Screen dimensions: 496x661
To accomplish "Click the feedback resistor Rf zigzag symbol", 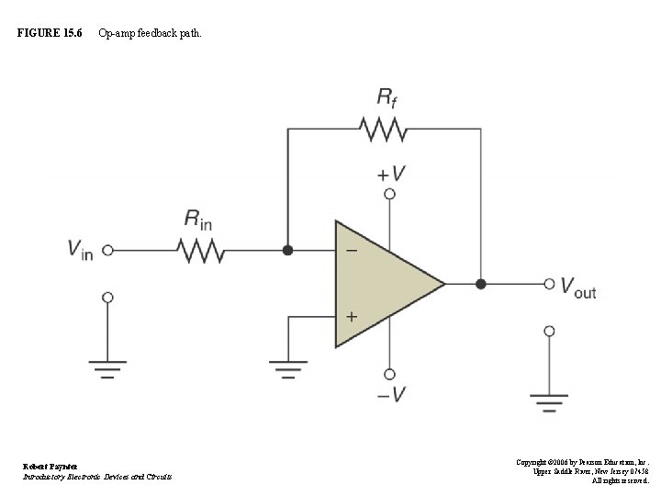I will [x=384, y=130].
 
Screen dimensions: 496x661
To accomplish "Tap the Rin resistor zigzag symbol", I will [x=201, y=250].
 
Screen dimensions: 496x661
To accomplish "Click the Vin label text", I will [x=80, y=249].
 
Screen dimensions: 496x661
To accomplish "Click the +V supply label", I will [x=390, y=173].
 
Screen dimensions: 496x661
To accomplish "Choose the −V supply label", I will [x=388, y=395].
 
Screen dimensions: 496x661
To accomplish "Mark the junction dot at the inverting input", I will [x=287, y=250].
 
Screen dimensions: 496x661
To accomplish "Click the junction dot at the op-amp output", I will [x=480, y=284].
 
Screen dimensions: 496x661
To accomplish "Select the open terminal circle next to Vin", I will [x=107, y=250].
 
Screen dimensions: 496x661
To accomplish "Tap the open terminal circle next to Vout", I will [x=549, y=284].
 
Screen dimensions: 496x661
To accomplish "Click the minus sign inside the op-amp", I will [x=352, y=250].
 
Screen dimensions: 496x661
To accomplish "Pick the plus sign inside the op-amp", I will [x=352, y=316].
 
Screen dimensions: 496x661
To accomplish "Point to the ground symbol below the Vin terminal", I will [x=107, y=371].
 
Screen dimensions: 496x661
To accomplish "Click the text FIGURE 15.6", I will [x=50, y=34].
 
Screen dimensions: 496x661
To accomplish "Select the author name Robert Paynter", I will [x=51, y=467].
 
